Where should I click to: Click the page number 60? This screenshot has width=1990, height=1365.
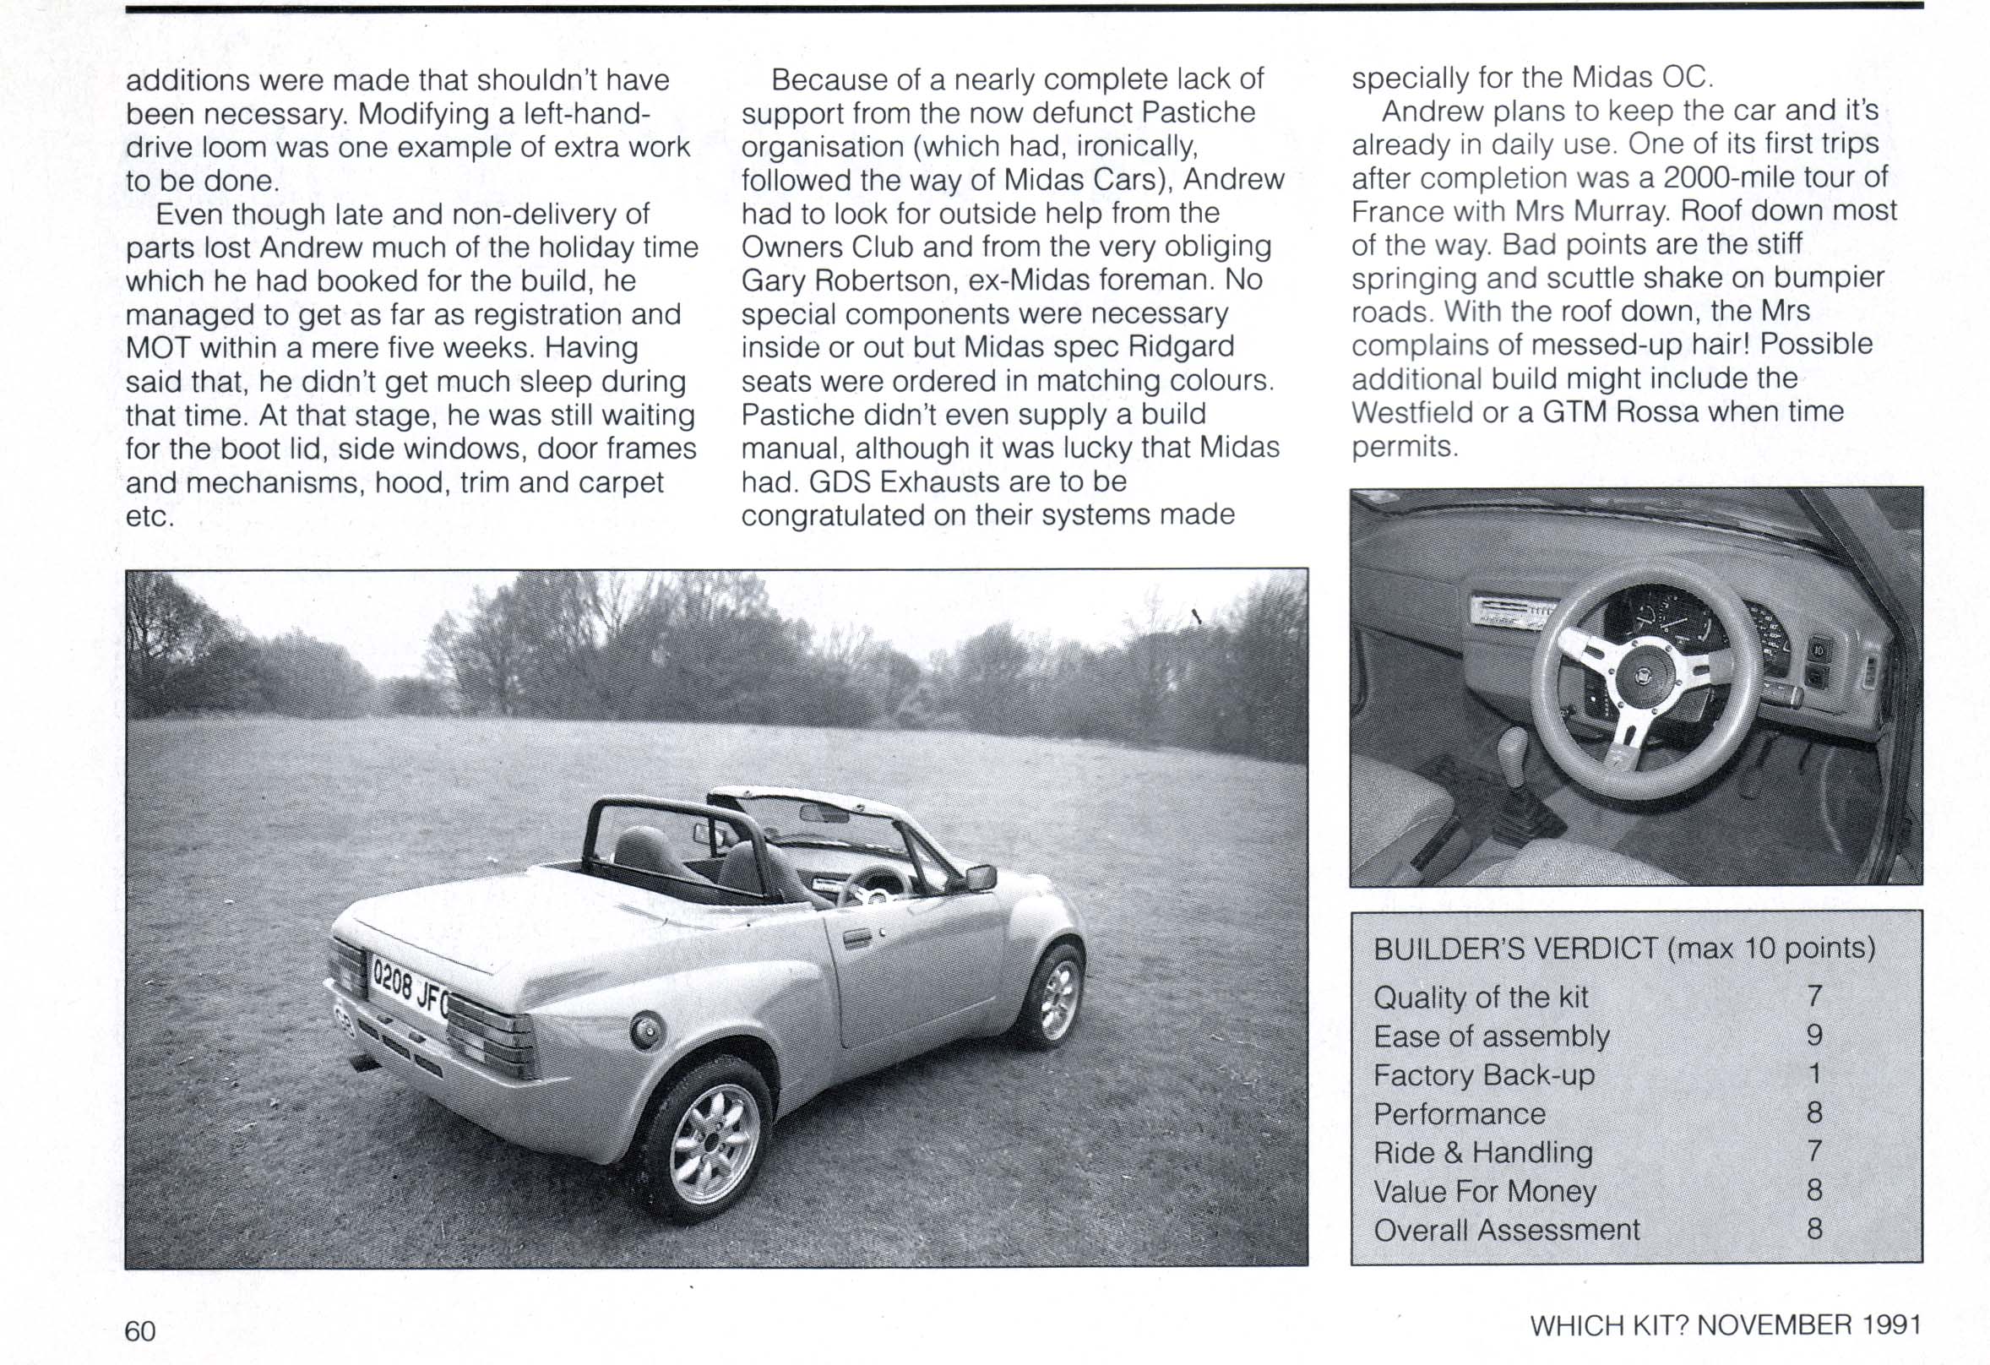tap(140, 1330)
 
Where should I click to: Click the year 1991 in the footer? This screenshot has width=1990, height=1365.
tap(1891, 1324)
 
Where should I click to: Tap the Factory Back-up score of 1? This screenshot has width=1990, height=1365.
tap(1813, 1074)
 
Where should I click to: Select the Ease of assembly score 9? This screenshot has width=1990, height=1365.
tap(1813, 1036)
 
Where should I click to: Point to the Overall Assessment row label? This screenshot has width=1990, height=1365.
tap(1506, 1230)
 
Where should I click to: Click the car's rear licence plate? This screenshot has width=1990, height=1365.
tap(409, 987)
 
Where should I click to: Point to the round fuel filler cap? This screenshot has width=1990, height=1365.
tap(646, 1031)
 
